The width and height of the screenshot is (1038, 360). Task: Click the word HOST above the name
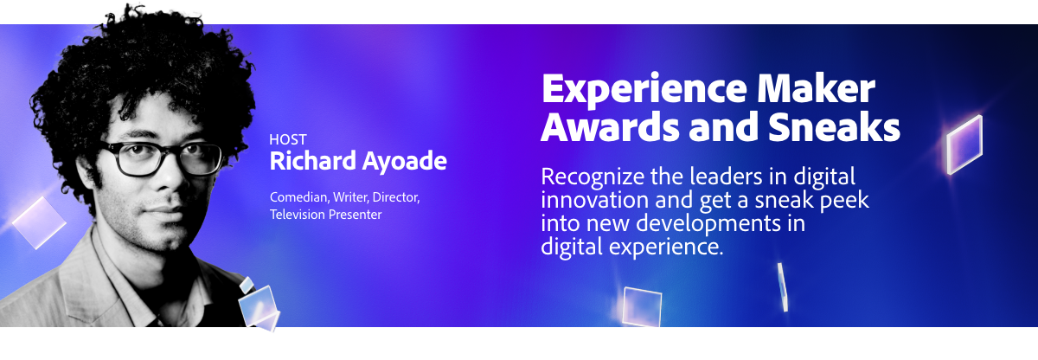(x=288, y=139)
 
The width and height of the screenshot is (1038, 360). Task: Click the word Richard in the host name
(x=313, y=161)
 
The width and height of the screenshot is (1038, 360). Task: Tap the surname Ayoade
(x=404, y=162)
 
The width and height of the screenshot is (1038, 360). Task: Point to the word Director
(x=396, y=197)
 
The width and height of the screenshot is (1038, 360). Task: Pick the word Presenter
(x=355, y=215)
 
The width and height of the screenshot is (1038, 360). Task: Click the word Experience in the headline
(x=644, y=90)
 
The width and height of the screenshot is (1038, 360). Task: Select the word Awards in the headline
(x=611, y=126)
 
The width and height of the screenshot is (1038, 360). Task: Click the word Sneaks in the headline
(x=834, y=126)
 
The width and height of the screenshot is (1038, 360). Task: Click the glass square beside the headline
(x=964, y=145)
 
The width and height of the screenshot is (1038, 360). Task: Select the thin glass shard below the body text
(x=783, y=287)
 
